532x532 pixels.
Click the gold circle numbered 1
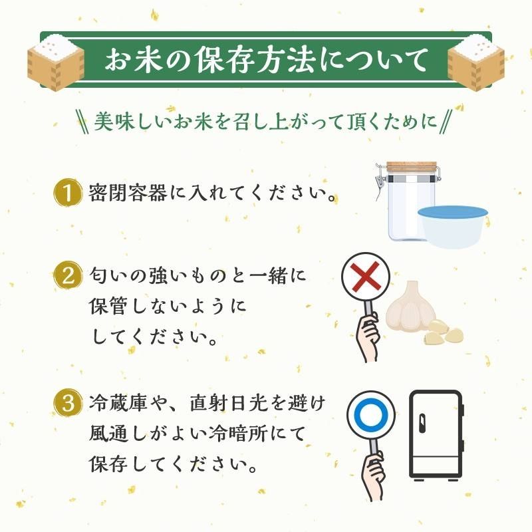[66, 193]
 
